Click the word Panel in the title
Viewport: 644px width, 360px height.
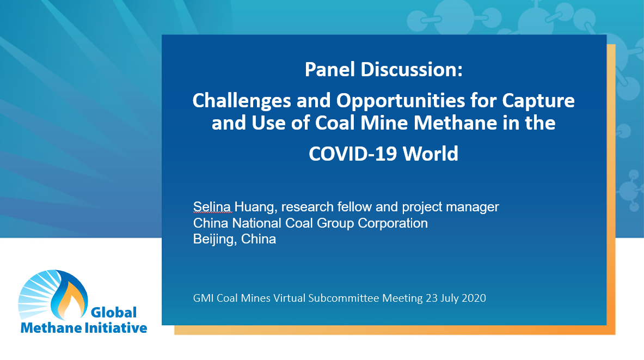(x=327, y=70)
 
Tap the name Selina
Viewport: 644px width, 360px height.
(x=212, y=207)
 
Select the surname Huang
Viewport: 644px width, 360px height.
(x=251, y=207)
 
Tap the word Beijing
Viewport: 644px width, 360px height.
(x=213, y=239)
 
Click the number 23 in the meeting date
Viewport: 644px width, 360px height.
(x=431, y=298)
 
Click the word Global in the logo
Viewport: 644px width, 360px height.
(x=113, y=313)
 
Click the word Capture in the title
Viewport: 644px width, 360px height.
(x=538, y=101)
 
